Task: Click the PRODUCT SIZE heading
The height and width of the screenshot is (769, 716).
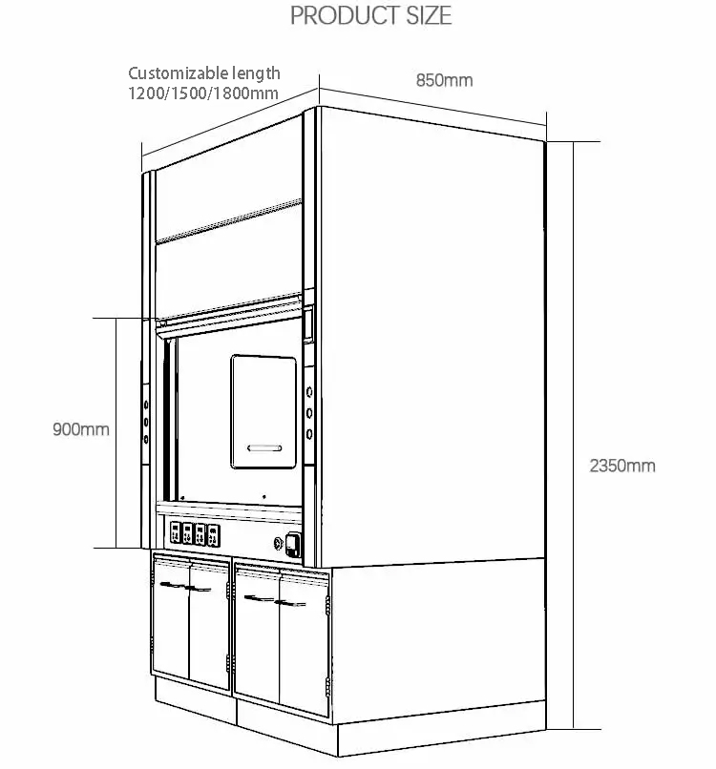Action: pos(370,15)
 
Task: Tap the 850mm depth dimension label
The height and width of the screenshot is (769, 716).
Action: pos(444,80)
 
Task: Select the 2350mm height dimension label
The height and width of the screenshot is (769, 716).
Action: pos(622,466)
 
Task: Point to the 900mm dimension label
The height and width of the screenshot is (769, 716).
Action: pos(81,429)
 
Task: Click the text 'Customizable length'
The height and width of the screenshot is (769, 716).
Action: pos(204,73)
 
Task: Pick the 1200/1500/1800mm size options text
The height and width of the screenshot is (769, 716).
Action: pos(203,93)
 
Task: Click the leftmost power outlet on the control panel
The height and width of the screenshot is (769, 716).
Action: pos(176,533)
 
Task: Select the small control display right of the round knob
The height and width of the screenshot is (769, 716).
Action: pos(293,544)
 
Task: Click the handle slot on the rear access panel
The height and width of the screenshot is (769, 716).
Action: pos(263,447)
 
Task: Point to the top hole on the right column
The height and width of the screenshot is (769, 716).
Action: pos(310,392)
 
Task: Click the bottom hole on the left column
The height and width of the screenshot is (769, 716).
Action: pos(146,440)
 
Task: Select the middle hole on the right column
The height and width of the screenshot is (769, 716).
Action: pos(310,413)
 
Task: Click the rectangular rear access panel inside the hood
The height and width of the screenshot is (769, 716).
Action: pos(263,411)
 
